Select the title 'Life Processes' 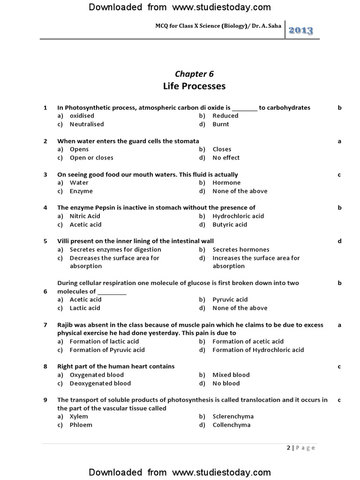pos(194,86)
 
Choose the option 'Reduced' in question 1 pos(225,116)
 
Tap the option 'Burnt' pos(221,124)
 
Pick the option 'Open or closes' pos(91,157)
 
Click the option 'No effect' pos(226,157)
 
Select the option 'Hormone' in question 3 pos(226,183)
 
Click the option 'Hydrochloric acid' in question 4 pos(238,216)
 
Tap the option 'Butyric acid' pos(230,225)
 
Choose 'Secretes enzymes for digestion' pos(115,249)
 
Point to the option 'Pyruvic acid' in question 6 pos(230,300)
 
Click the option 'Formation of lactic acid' pos(104,341)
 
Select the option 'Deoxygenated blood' pos(100,383)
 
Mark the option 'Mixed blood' pos(231,375)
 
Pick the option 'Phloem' pos(81,425)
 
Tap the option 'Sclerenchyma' pos(233,416)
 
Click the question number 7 pos(45,324)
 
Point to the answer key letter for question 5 pos(339,241)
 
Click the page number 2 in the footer pos(289,448)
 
